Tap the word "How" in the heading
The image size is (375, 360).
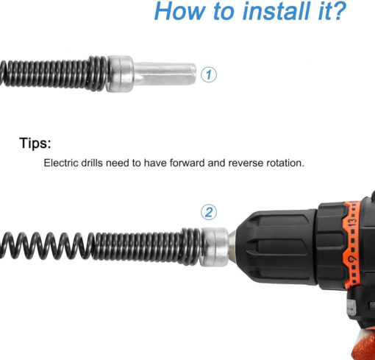click(179, 11)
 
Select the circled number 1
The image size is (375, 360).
click(209, 74)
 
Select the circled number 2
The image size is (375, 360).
click(209, 212)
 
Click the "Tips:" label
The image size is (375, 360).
click(35, 143)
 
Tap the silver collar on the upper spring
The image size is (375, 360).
click(120, 74)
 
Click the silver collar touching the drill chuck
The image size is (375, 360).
click(214, 247)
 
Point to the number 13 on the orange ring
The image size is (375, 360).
click(353, 222)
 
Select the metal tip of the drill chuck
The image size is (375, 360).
click(232, 247)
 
